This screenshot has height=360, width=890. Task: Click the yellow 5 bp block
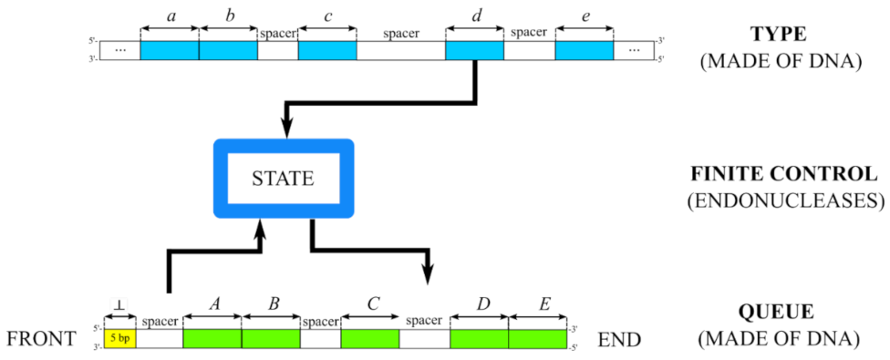tap(119, 338)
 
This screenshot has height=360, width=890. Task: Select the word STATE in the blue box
tap(283, 179)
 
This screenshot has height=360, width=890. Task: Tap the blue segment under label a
tap(170, 51)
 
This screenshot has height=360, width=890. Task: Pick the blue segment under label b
tap(228, 51)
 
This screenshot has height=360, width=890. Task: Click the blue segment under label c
tap(327, 51)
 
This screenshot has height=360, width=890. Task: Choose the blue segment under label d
tap(474, 51)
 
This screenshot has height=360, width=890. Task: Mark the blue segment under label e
tap(584, 51)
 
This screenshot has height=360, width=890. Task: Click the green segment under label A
tap(212, 338)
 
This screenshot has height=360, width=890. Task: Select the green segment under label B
tap(271, 338)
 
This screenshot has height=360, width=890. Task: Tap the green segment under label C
tap(370, 338)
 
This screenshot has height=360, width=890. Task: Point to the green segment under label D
tap(480, 338)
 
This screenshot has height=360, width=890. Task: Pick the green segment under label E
tap(538, 338)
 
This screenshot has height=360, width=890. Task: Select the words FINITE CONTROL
tap(785, 173)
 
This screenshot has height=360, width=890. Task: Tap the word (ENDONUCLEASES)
tap(785, 201)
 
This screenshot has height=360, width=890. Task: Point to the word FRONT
tap(40, 340)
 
